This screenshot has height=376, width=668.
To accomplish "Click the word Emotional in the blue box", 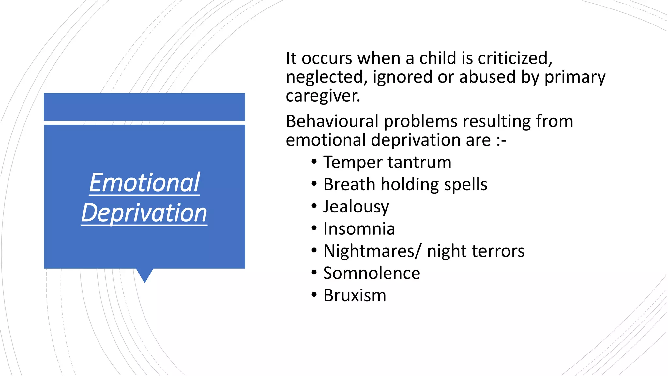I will [144, 183].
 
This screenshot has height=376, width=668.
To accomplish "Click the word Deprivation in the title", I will [144, 213].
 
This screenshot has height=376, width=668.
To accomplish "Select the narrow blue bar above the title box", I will [144, 107].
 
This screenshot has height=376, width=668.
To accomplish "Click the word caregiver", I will [323, 96].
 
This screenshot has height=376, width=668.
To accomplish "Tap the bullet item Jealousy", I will [356, 207].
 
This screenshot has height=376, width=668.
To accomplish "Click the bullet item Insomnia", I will [359, 229].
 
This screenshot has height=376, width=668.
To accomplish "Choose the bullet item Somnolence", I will [372, 273].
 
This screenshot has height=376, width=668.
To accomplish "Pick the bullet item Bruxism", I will [355, 295].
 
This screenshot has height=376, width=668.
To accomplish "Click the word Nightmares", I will [370, 251].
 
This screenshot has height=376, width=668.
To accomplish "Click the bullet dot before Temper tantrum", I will [314, 162].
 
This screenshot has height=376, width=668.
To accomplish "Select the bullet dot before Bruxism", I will [314, 295].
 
